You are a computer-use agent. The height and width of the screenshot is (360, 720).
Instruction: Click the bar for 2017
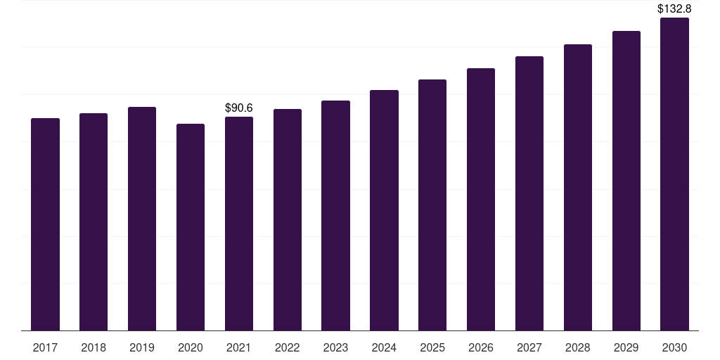(x=45, y=224)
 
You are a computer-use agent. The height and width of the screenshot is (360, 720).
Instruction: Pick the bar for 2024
(x=384, y=210)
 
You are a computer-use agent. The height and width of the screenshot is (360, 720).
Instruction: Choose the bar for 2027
(x=529, y=193)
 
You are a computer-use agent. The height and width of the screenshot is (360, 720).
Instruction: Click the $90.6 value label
(x=239, y=108)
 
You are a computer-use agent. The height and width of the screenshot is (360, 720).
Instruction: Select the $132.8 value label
(x=674, y=9)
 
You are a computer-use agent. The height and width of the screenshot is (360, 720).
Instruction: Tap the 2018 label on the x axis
(x=94, y=347)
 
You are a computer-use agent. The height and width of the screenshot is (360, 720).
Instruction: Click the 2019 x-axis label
(x=142, y=347)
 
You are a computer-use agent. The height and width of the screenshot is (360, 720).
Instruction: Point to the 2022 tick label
(x=288, y=347)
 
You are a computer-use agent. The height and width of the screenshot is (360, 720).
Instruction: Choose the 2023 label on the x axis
(x=335, y=347)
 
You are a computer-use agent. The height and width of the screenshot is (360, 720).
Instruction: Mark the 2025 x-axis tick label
(x=432, y=347)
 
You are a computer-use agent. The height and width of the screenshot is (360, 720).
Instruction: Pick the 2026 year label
(x=481, y=347)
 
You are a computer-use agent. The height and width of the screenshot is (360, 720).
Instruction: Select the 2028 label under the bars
(x=578, y=347)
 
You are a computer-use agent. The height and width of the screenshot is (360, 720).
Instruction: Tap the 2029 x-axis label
(x=626, y=347)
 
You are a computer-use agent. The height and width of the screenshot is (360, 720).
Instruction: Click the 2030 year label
(x=675, y=347)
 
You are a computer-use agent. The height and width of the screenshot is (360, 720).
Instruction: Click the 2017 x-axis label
(x=45, y=347)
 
